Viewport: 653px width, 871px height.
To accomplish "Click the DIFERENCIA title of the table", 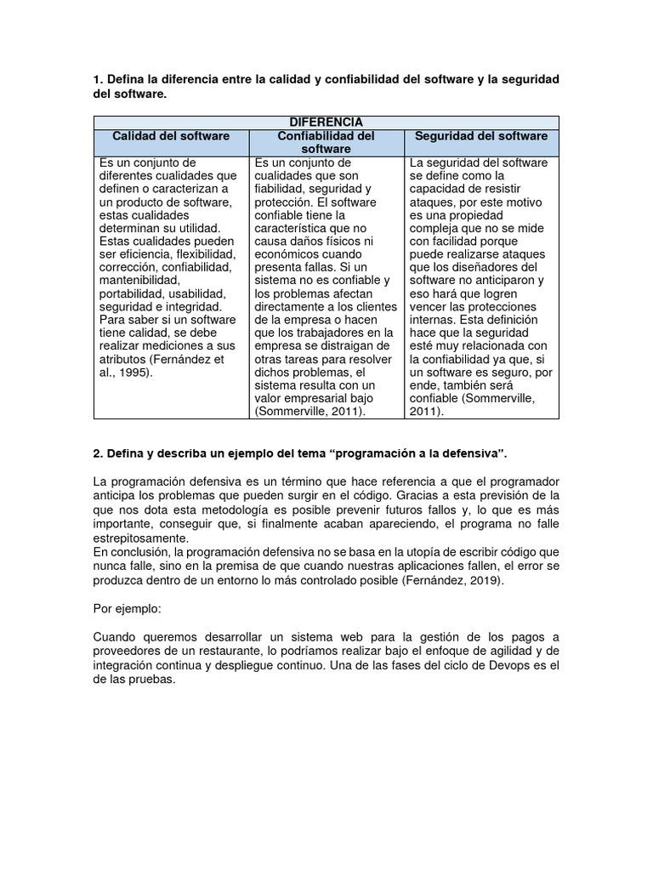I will [326, 122].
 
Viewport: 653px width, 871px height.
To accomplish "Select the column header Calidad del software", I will [171, 136].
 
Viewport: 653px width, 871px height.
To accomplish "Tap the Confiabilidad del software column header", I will [326, 142].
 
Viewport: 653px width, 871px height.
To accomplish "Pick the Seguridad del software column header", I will [481, 136].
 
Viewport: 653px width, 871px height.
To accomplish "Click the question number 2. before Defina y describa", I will [98, 450].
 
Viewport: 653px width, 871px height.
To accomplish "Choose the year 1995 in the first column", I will [135, 373].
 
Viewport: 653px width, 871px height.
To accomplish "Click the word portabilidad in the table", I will [128, 293].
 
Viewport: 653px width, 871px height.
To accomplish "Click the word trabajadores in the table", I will [326, 333].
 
